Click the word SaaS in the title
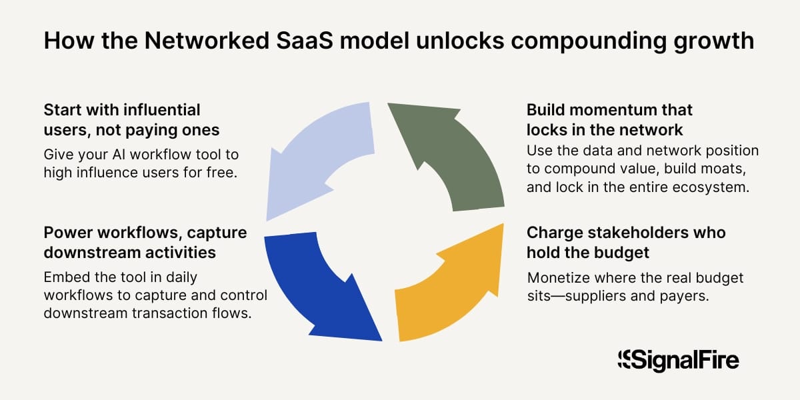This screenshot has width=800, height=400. [305, 41]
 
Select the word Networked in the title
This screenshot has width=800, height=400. [207, 41]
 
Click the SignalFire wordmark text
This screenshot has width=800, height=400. [685, 361]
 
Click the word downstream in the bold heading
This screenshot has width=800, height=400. [92, 253]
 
